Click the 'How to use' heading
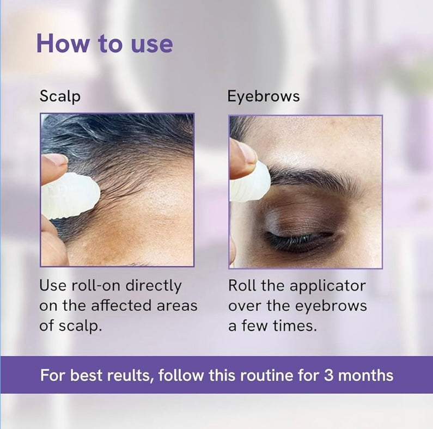pos(105,43)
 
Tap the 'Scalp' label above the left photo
pos(60,96)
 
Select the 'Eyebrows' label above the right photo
pos(264,97)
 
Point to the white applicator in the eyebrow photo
pos(251,182)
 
